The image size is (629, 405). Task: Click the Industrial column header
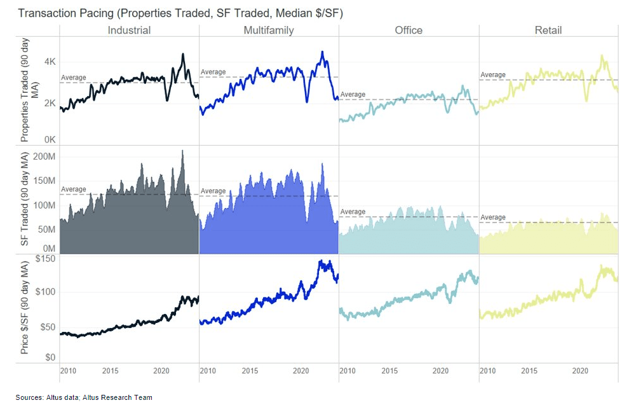pyautogui.click(x=129, y=30)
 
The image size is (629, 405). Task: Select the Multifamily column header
pyautogui.click(x=268, y=30)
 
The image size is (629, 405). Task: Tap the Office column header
pyautogui.click(x=408, y=30)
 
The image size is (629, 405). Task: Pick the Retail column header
pyautogui.click(x=548, y=30)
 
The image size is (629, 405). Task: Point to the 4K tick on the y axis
pyautogui.click(x=50, y=62)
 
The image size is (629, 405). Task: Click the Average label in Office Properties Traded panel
pyautogui.click(x=353, y=95)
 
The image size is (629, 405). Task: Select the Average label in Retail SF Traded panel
pyautogui.click(x=492, y=217)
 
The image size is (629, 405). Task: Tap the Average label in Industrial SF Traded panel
pyautogui.click(x=73, y=189)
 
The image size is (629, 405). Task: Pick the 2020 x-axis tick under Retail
pyautogui.click(x=579, y=371)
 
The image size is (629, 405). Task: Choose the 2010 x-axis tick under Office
pyautogui.click(x=348, y=371)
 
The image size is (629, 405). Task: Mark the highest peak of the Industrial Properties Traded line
pyautogui.click(x=182, y=55)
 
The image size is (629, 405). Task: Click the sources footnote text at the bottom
pyautogui.click(x=84, y=397)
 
